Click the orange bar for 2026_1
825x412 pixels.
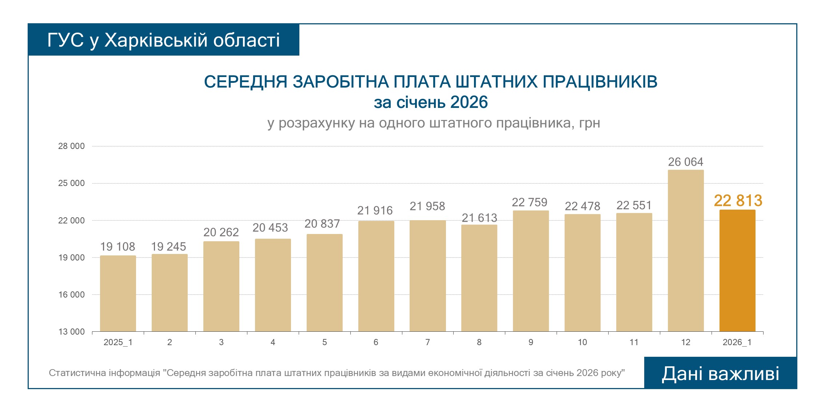point(737,271)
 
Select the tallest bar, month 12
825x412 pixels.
point(686,251)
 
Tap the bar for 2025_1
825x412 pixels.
point(118,294)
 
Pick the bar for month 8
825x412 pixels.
point(479,278)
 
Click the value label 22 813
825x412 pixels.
point(738,201)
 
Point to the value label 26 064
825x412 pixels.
point(686,162)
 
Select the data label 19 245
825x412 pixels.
point(168,247)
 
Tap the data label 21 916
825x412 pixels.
point(375,210)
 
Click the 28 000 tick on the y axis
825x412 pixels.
point(71,146)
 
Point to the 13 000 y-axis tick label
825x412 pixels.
point(71,332)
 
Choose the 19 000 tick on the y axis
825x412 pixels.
point(71,258)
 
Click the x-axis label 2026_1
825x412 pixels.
point(737,342)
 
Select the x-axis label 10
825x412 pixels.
point(582,342)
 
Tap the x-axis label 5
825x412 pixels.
point(324,342)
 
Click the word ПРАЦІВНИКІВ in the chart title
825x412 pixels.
point(600,82)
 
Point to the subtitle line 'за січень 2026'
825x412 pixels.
point(431,102)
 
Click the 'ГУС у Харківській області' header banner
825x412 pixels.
point(164,40)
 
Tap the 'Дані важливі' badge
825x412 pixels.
point(720,373)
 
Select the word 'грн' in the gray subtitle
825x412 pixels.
point(590,123)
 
